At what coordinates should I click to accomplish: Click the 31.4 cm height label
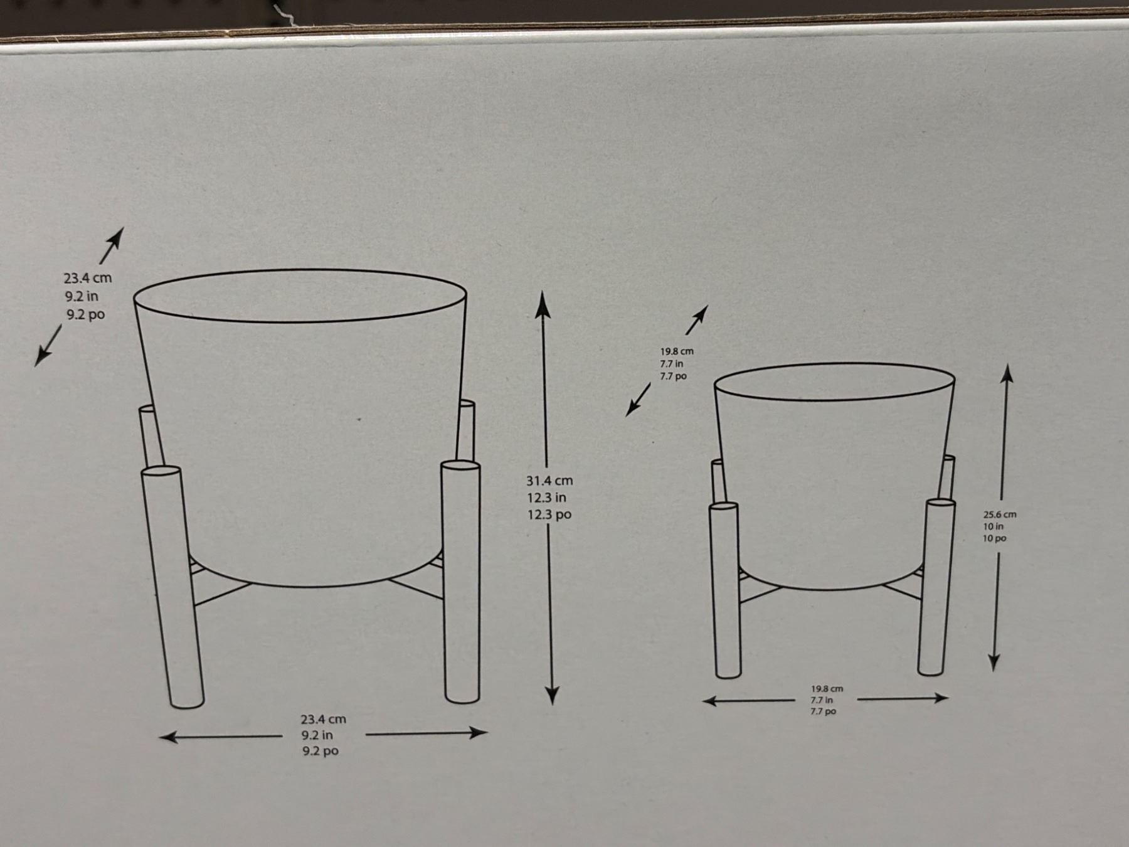coord(549,481)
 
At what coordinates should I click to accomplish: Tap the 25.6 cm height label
coord(1000,514)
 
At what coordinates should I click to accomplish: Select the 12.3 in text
coord(546,498)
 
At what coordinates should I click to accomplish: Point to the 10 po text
coord(995,538)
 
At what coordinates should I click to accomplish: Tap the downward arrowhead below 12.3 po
coord(552,694)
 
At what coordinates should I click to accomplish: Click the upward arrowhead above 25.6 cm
coord(1007,374)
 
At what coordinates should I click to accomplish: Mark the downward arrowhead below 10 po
coord(994,663)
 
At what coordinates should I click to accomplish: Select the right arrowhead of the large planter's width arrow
coord(478,732)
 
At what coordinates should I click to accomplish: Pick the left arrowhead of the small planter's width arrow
coord(710,701)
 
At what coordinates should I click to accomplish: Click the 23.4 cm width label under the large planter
coord(323,719)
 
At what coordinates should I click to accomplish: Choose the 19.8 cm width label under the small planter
coord(827,689)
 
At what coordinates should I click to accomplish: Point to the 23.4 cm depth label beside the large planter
coord(88,278)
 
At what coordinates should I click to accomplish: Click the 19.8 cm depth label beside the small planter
coord(677,351)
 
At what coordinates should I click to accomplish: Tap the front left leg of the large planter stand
coord(172,587)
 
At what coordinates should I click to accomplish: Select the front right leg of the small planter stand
coord(936,587)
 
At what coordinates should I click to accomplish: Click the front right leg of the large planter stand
coord(461,582)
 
